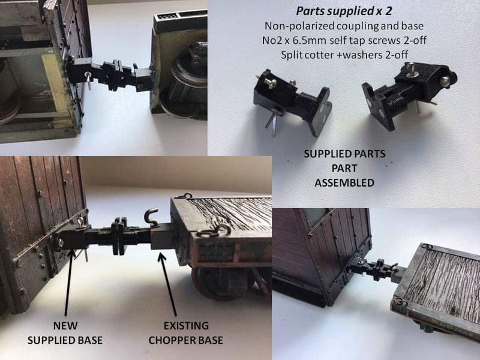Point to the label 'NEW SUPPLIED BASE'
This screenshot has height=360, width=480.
coord(65,332)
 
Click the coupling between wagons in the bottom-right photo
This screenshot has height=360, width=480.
coord(379,267)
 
